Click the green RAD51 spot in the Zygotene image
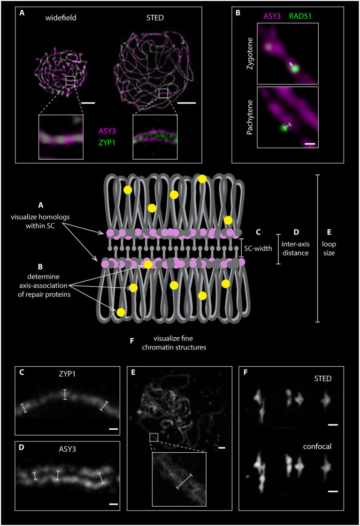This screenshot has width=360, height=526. click(x=296, y=69)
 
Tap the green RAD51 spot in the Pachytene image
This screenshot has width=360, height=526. click(x=283, y=127)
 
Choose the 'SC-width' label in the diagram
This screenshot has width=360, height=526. click(x=256, y=248)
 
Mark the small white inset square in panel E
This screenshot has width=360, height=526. click(x=153, y=437)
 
